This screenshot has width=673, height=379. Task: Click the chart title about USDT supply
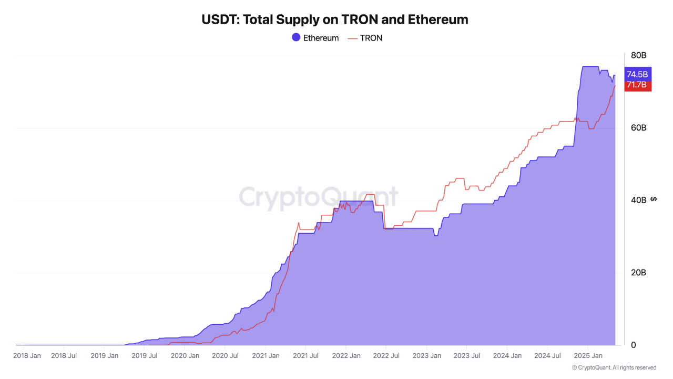click(x=335, y=20)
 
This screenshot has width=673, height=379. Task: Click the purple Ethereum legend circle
click(x=296, y=37)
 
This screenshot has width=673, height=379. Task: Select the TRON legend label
click(x=371, y=38)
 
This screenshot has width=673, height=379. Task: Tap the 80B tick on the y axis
click(x=638, y=55)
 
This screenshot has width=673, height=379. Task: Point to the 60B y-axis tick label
click(x=638, y=128)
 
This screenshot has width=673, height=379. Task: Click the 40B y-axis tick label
click(x=638, y=200)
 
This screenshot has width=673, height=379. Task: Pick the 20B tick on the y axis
click(x=638, y=273)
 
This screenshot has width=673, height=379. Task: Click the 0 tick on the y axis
click(x=634, y=345)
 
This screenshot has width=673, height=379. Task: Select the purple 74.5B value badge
click(x=637, y=74)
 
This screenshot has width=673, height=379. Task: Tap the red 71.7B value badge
click(x=637, y=85)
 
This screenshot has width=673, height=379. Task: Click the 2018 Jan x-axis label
click(x=27, y=356)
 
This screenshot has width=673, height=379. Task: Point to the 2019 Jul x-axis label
click(x=144, y=356)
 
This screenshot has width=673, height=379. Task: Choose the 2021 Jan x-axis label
click(x=266, y=356)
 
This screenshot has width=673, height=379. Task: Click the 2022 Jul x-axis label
click(x=385, y=356)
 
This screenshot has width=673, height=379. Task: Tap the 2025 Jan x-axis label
click(x=587, y=356)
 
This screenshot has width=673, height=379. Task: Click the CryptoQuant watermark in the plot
click(x=319, y=198)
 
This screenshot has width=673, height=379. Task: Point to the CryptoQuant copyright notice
click(x=614, y=367)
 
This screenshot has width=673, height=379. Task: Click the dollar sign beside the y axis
click(x=654, y=199)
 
